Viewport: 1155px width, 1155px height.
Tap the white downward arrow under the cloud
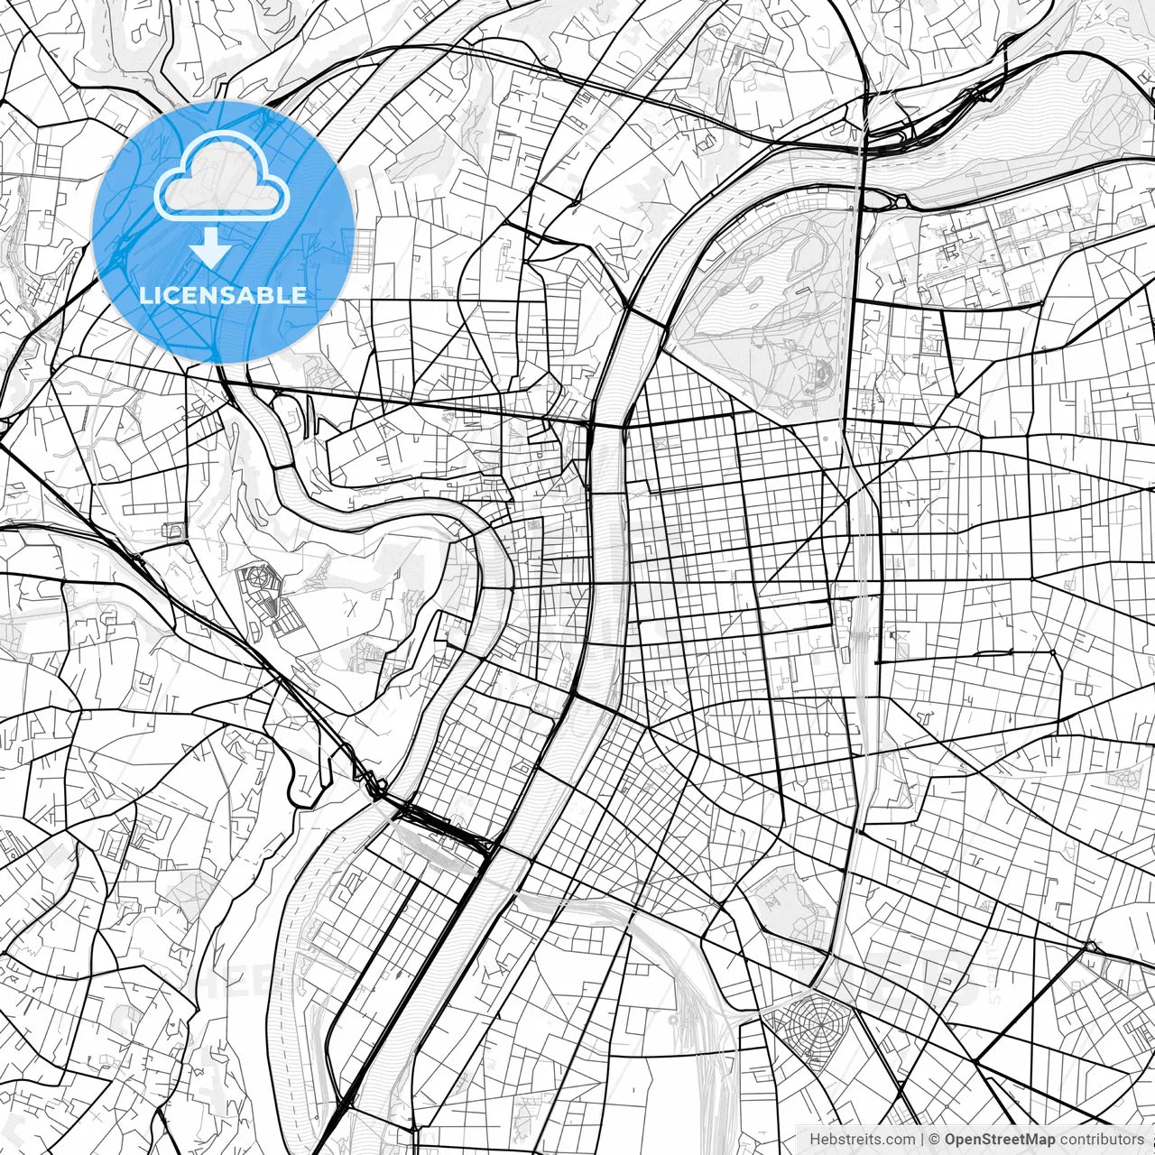click(211, 247)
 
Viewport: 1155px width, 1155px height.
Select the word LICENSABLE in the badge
click(223, 295)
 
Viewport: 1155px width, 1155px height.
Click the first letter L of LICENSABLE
click(144, 295)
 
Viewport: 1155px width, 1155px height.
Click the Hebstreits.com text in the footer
click(862, 1139)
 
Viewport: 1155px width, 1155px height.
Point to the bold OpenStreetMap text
click(999, 1139)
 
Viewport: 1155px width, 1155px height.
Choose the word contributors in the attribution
click(1102, 1139)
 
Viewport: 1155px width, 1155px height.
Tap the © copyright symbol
click(935, 1139)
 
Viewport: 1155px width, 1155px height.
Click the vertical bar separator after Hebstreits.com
click(922, 1139)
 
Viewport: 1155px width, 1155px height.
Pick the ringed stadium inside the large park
click(822, 372)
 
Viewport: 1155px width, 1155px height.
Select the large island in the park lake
click(806, 252)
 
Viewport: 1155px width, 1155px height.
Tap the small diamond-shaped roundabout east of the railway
click(1052, 651)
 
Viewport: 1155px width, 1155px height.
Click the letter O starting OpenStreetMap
click(951, 1139)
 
